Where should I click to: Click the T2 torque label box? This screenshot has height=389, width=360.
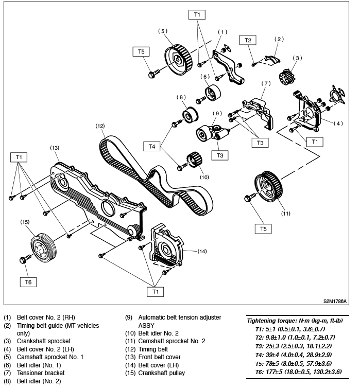[248, 40]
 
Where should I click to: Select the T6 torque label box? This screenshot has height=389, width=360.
[29, 282]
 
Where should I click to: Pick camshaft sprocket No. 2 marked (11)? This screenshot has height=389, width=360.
[270, 187]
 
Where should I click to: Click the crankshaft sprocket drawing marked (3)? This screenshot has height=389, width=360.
[285, 78]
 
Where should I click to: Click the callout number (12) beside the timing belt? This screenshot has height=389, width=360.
[100, 126]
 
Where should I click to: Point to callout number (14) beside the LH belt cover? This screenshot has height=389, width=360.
[202, 252]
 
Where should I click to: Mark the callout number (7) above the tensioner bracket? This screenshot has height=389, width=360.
[266, 83]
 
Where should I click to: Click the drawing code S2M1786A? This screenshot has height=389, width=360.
[335, 302]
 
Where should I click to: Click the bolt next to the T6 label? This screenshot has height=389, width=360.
[24, 259]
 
